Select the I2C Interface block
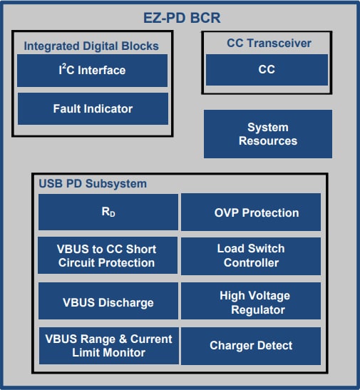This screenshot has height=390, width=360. [92, 71]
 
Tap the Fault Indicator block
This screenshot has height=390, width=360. [92, 108]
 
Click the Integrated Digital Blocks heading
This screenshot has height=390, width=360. [91, 46]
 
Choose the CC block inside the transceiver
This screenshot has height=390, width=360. [267, 70]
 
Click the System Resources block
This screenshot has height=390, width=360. [267, 134]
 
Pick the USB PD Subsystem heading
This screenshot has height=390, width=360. [93, 183]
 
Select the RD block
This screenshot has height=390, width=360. [108, 212]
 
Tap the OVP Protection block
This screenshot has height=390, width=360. [251, 212]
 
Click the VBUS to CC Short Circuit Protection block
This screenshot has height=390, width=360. [108, 255]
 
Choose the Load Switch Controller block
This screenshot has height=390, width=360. [251, 255]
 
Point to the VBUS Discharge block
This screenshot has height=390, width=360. [108, 302]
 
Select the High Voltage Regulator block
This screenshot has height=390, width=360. [251, 302]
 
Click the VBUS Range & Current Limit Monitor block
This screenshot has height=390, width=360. [108, 346]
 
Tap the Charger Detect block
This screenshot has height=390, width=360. [251, 346]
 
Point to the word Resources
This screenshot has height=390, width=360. [268, 141]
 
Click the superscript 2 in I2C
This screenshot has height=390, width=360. [66, 66]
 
